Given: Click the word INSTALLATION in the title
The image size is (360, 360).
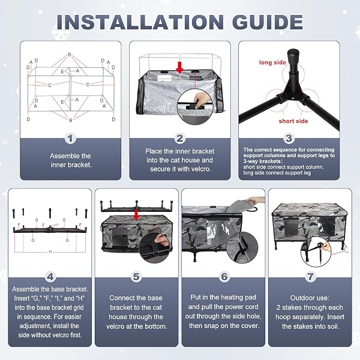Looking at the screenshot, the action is coord(140,22).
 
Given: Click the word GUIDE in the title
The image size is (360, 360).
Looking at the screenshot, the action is coord(268,22).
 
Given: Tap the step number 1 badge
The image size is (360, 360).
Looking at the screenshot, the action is coord(70,139).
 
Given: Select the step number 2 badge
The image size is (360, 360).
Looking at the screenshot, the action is coord(180,139).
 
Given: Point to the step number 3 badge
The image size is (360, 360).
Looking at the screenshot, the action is coord(289,139).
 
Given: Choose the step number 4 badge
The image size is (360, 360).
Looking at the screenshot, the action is coord(50,277).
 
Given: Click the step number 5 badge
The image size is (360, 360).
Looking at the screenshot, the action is coord(136,277).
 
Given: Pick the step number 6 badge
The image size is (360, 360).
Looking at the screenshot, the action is coord(224,277).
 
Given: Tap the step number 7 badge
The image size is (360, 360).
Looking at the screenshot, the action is coord(310,277).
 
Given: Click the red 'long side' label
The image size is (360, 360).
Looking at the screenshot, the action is coord(272,62).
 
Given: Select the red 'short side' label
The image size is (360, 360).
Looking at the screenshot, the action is coord(293,121).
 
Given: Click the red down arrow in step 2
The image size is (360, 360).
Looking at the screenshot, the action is coord(180,67).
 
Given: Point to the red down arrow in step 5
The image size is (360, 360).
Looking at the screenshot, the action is coord(136,215).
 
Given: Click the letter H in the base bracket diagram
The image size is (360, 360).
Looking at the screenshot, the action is coord(50,251).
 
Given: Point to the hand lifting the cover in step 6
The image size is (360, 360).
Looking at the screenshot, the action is coord(255,200).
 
